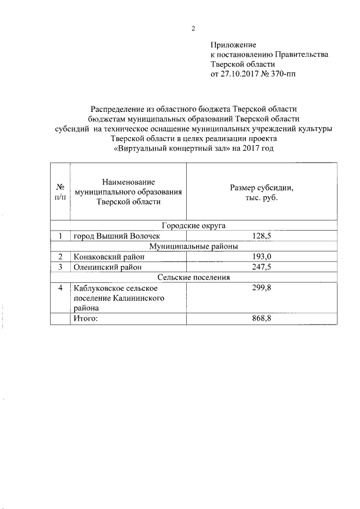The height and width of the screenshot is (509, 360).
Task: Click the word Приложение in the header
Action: pos(233,44)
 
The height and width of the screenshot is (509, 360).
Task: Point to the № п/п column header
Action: pos(60,192)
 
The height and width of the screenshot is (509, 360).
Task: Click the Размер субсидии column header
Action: pos(262,193)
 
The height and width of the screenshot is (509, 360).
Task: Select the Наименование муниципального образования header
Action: pos(128,192)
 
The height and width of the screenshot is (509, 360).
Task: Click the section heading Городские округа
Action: pos(193,226)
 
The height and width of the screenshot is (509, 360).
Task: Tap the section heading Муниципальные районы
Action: pos(193,246)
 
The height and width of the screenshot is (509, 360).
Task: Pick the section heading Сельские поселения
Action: pos(193,277)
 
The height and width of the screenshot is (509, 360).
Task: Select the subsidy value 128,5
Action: pos(262,236)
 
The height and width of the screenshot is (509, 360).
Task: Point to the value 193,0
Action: pos(262,257)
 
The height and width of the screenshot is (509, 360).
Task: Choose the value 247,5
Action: pos(262,267)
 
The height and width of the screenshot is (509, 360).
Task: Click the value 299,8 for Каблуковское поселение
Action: pos(262,288)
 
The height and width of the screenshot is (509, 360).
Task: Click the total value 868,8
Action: pos(262,319)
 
